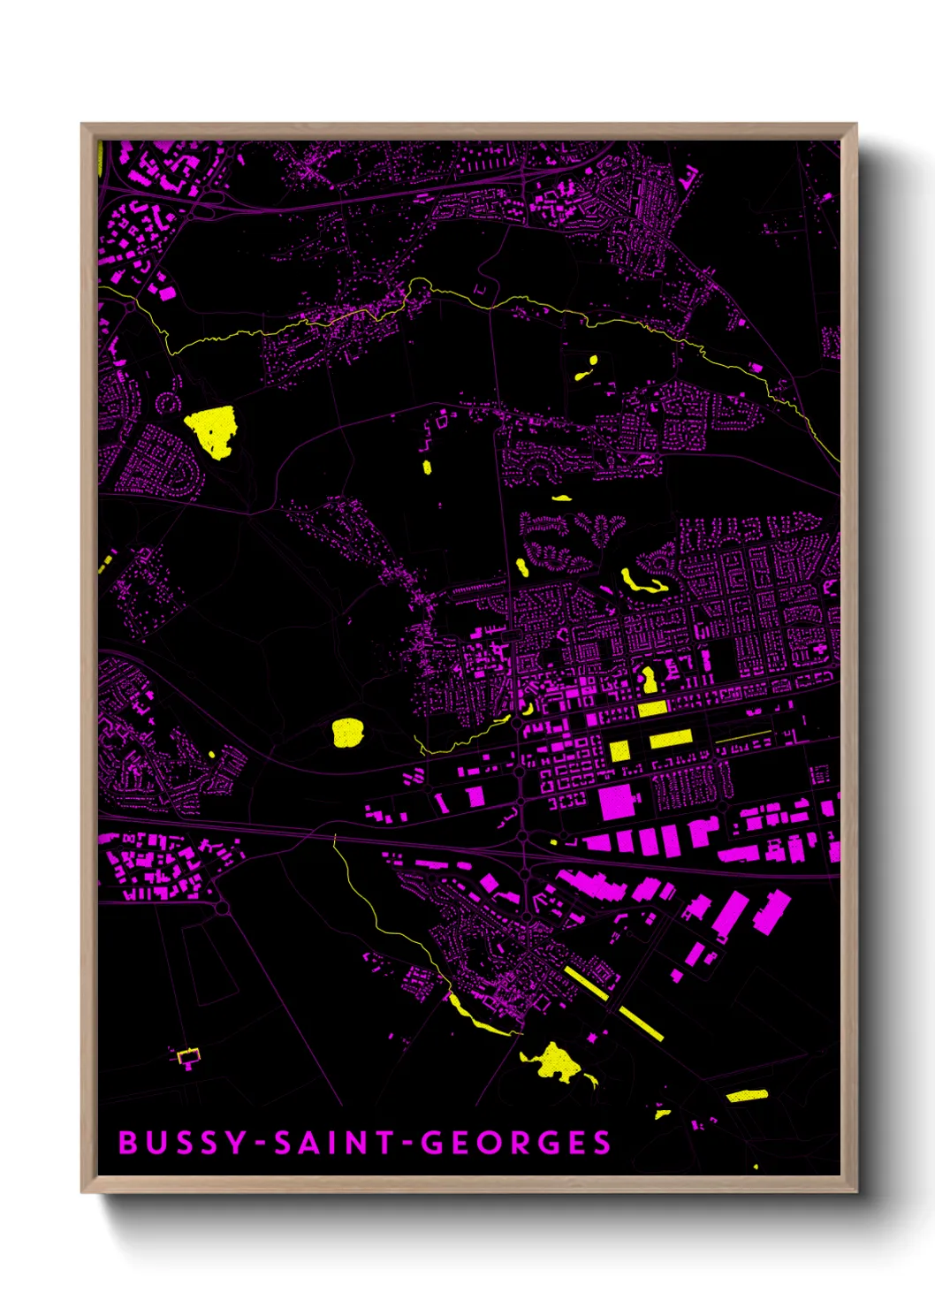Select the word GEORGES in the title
(515, 1143)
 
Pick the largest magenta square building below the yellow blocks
(619, 802)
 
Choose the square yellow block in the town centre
(620, 750)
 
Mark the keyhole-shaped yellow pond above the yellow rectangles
(650, 680)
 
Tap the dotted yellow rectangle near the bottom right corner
(747, 1096)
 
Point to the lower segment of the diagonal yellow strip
(642, 1023)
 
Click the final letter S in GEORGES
(602, 1143)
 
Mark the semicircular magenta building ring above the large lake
(168, 404)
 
